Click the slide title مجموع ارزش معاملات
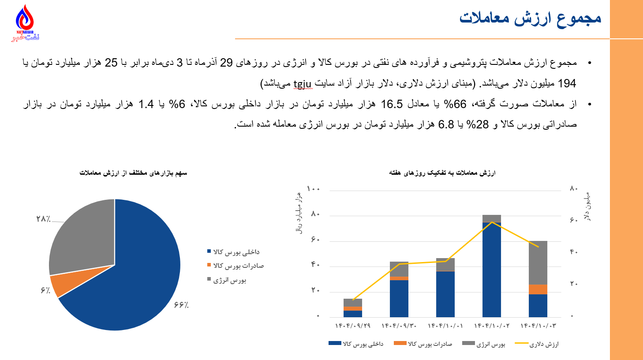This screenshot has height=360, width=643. [x=530, y=18]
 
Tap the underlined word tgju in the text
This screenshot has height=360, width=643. [x=303, y=83]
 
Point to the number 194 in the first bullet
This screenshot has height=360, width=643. [x=567, y=83]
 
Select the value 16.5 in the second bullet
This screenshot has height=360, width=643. [x=392, y=104]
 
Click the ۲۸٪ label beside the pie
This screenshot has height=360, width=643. [x=43, y=219]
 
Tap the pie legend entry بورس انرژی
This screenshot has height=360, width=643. [x=229, y=280]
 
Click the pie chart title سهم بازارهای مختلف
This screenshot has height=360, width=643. [x=133, y=173]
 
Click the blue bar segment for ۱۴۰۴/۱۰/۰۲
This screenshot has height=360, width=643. [x=492, y=269]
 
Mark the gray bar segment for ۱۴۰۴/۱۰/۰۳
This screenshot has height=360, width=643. [x=538, y=262]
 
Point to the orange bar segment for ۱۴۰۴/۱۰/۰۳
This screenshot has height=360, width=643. [x=538, y=289]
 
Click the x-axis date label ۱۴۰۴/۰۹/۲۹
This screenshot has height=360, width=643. [x=353, y=326]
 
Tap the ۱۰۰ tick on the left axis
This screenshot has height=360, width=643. [x=314, y=189]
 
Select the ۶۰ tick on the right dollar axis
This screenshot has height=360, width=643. [x=573, y=220]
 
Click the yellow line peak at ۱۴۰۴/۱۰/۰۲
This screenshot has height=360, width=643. [x=492, y=222]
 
